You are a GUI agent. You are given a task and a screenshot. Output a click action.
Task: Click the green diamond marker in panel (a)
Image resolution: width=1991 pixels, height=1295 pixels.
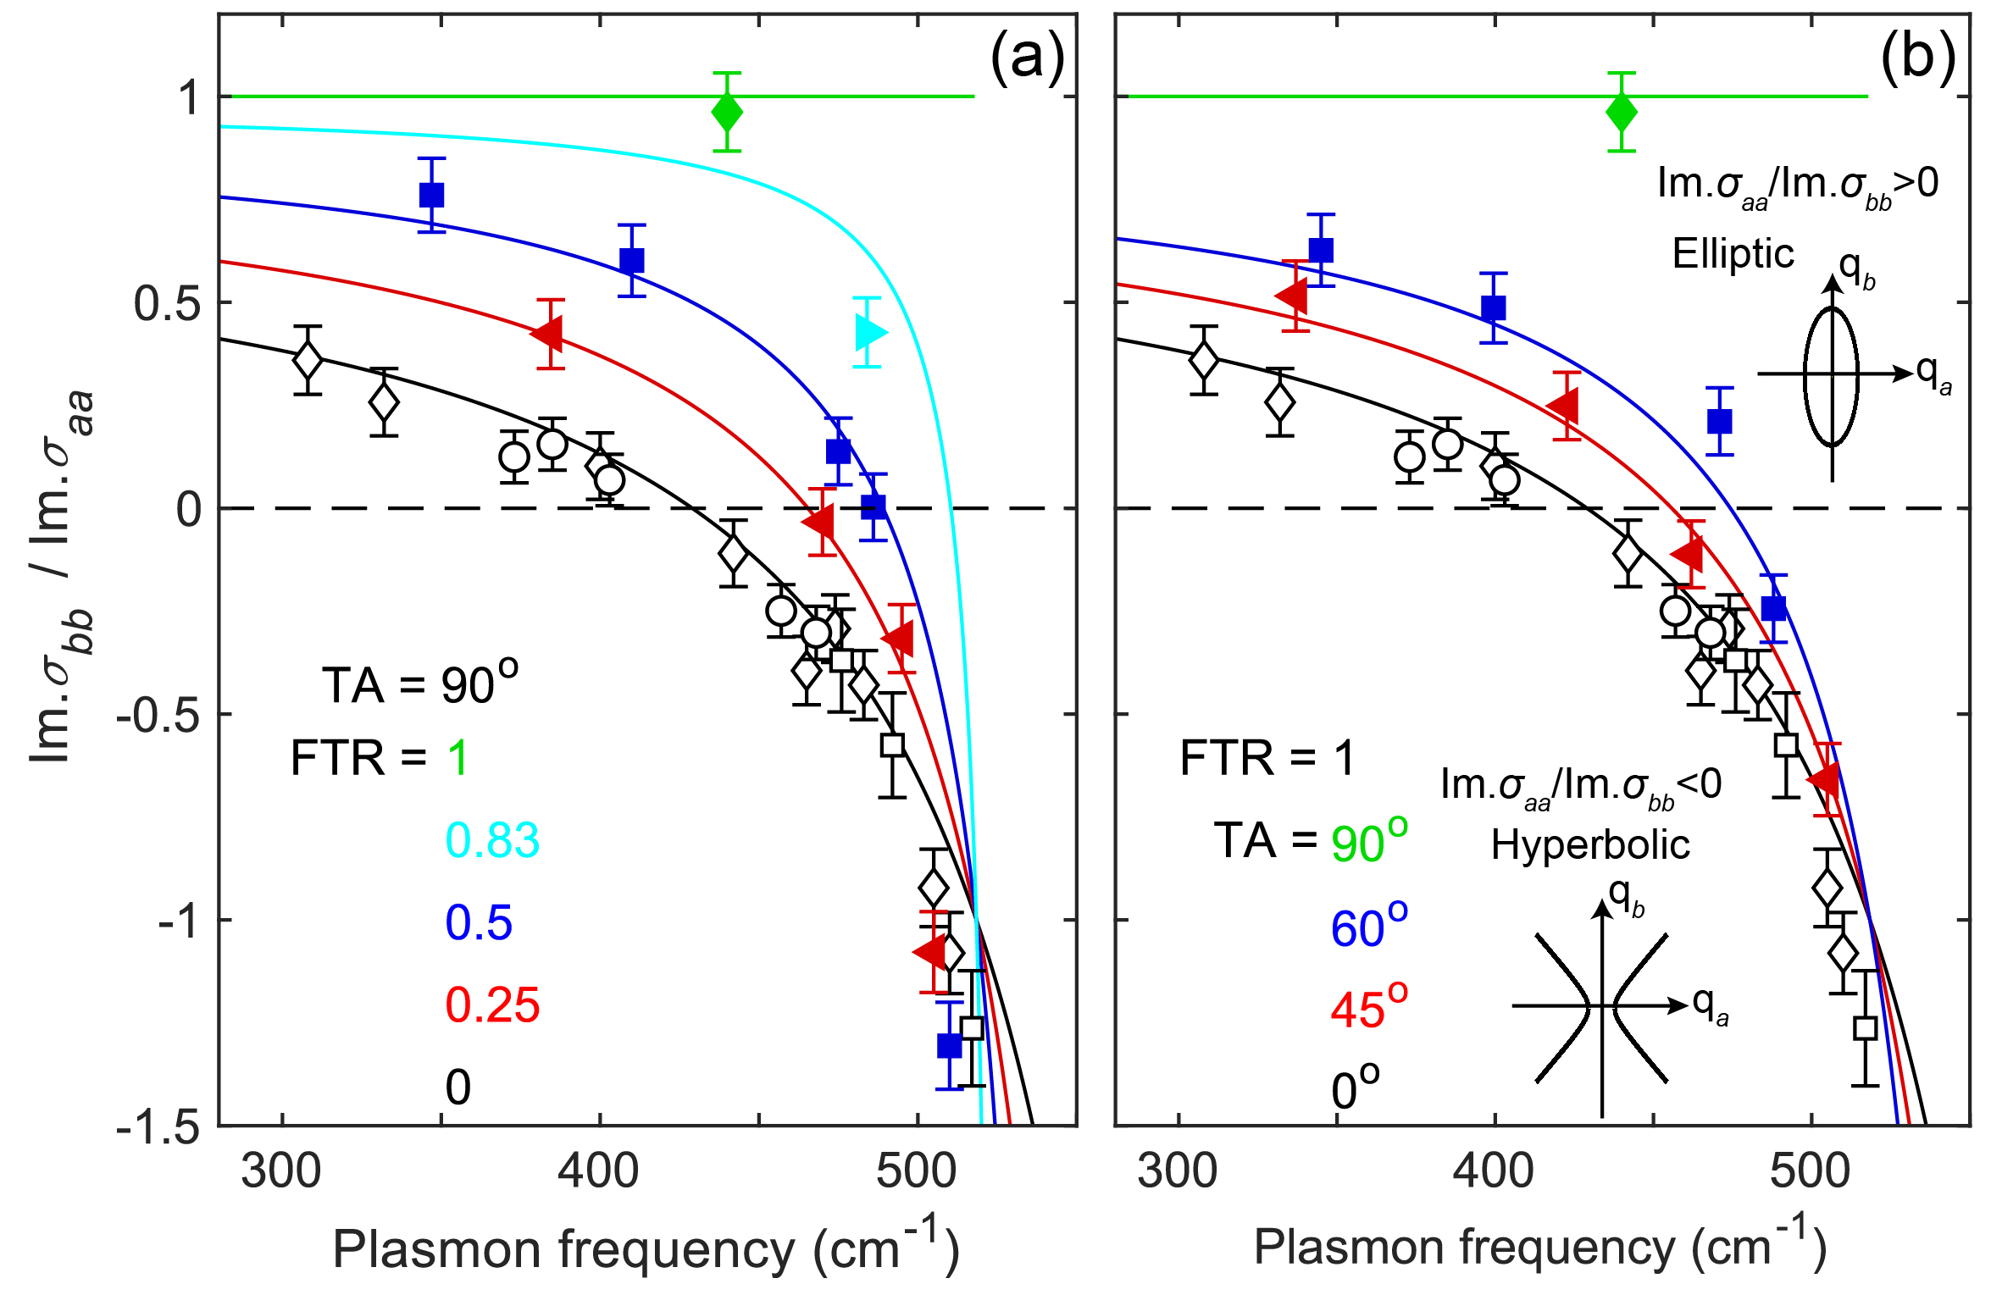[727, 112]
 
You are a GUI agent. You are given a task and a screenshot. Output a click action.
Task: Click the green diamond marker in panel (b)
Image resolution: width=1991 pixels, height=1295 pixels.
[1622, 112]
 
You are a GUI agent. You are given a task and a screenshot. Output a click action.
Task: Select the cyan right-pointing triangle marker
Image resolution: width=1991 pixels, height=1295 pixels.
[869, 332]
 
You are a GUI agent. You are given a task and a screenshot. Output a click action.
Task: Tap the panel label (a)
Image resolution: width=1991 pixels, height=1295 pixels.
[1027, 58]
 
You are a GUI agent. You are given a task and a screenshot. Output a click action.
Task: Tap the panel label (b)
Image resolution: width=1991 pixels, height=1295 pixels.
[1918, 58]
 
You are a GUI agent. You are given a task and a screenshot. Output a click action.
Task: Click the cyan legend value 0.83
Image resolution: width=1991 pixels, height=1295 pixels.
[492, 840]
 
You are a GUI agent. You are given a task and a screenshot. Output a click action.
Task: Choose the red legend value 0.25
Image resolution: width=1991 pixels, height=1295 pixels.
[492, 1005]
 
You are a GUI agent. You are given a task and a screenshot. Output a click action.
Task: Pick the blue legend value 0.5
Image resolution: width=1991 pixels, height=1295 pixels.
[479, 922]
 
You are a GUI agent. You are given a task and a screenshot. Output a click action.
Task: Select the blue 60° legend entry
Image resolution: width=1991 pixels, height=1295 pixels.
[1368, 926]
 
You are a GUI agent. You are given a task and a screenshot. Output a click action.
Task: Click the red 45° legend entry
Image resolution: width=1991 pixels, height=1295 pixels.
[1368, 1007]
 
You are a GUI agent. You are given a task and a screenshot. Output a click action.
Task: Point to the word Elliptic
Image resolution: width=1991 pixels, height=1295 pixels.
[1733, 254]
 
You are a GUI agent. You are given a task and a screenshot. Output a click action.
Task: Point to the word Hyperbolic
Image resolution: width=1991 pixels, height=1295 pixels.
[1590, 844]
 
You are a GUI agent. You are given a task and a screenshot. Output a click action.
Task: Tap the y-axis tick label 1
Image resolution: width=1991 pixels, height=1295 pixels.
[188, 97]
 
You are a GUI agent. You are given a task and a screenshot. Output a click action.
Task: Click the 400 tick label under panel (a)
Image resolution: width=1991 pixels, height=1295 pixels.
[599, 1171]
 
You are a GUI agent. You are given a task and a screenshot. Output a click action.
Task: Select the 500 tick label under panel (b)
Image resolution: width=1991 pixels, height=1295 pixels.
[1811, 1171]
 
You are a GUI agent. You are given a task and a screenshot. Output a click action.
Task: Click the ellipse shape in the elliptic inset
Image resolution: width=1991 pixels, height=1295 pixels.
[1832, 377]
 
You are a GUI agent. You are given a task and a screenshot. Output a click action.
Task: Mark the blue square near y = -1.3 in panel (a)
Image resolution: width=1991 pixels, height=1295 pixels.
[950, 1045]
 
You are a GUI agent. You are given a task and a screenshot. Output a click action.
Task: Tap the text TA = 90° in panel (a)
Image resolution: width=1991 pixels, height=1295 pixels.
[419, 683]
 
